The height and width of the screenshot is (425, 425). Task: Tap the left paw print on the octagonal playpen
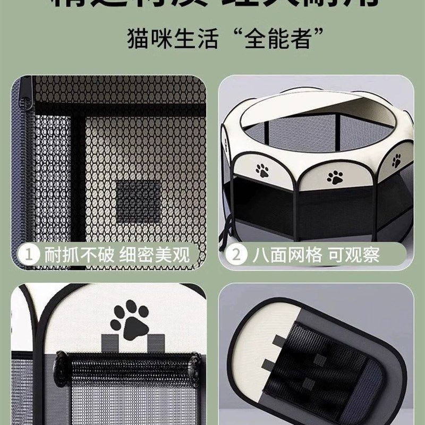coord(262,171)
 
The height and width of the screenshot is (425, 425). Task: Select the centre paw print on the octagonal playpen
coord(335,177)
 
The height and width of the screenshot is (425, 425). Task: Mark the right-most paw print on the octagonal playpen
coord(396,161)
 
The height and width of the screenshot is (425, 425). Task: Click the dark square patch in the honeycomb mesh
coord(138,202)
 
